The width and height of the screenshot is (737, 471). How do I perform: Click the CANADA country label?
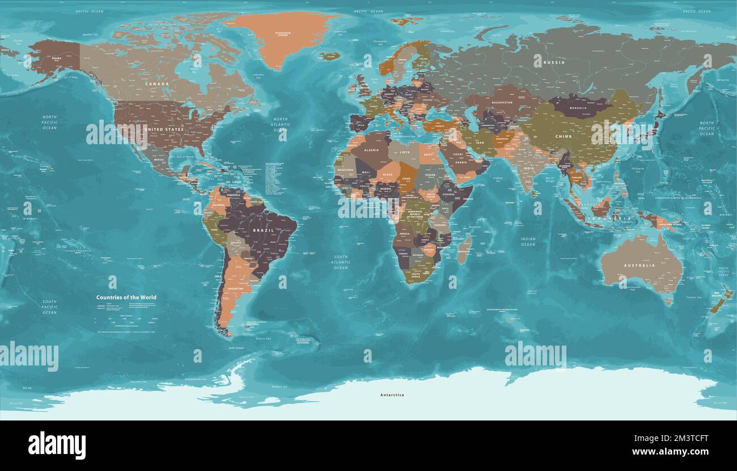tap(157, 84)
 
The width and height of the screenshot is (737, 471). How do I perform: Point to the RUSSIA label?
tap(553, 62)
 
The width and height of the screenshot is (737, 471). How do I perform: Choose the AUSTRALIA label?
tap(639, 265)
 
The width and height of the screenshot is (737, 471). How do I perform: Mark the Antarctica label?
tap(392, 395)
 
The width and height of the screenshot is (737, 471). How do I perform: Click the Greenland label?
tap(282, 33)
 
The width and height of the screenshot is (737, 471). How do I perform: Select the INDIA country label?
tap(528, 169)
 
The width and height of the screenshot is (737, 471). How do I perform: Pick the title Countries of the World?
tap(126, 297)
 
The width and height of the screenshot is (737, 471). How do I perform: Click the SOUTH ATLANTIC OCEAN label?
tap(341, 262)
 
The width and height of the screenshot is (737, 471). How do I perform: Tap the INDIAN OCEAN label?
tap(528, 242)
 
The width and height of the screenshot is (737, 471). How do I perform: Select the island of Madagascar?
tap(464, 250)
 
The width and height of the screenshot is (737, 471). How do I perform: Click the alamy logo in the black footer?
tap(57, 445)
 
